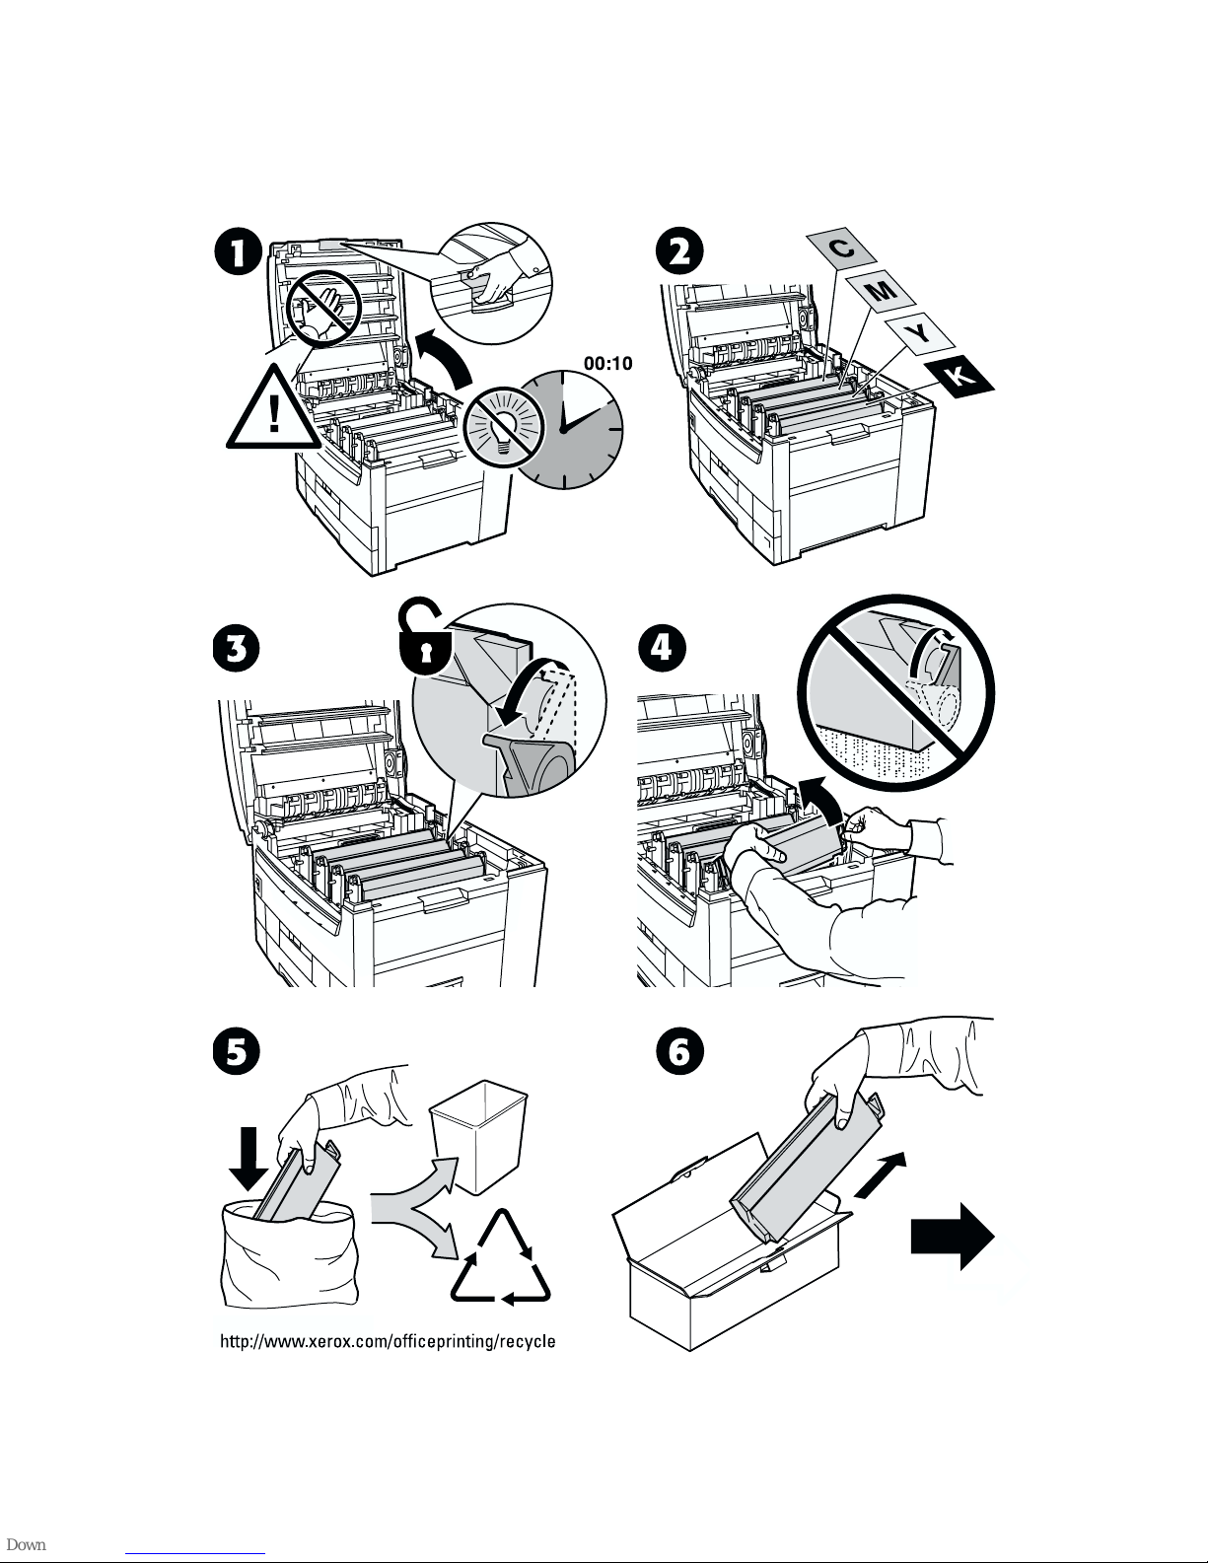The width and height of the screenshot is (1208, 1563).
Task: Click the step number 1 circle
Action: pos(240,254)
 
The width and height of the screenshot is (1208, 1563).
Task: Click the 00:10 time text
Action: pos(608,363)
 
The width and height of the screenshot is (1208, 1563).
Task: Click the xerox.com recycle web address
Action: pos(387,1342)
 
